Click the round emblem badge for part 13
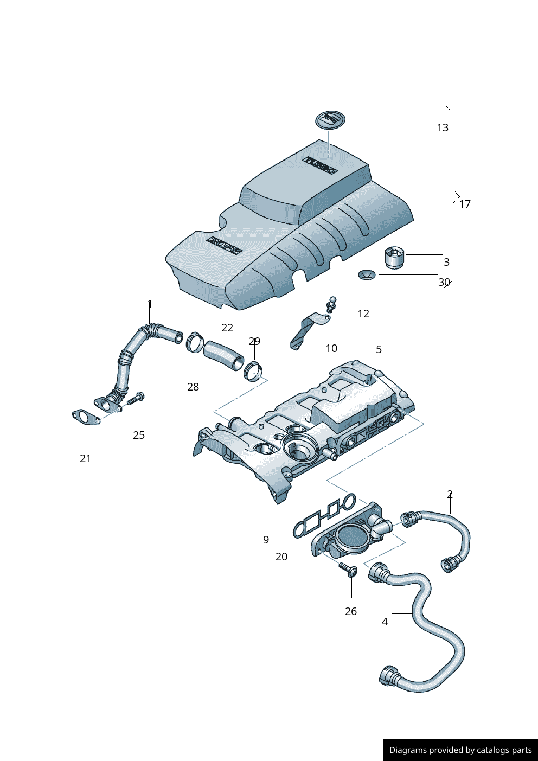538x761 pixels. (330, 120)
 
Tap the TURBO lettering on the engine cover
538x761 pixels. (320, 165)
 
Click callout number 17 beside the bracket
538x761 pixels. (465, 204)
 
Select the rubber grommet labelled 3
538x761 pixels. (394, 257)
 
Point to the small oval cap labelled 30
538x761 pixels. (367, 275)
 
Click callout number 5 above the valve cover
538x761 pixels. (379, 350)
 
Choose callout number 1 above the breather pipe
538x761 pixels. (150, 305)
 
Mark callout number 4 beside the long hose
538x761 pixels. (385, 622)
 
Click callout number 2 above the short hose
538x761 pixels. (450, 495)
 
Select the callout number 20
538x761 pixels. (281, 557)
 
